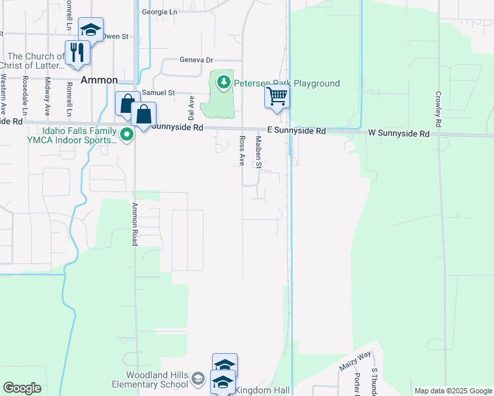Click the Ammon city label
(x=98, y=80)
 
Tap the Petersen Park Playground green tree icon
(x=224, y=82)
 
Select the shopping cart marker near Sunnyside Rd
(x=277, y=97)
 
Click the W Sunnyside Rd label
(x=398, y=133)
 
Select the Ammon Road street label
(x=134, y=224)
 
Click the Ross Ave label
(x=242, y=151)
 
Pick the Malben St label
(x=259, y=151)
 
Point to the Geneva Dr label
(x=197, y=59)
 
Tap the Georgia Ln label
(x=160, y=12)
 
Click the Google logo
(x=22, y=388)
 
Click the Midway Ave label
(x=47, y=95)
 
